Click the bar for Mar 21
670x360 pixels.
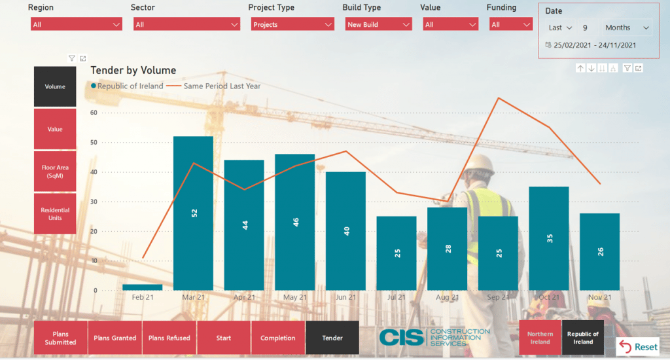[x=193, y=213]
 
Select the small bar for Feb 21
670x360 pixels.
[x=142, y=287]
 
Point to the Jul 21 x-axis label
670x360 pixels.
[x=397, y=297]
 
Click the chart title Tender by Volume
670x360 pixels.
[x=133, y=70]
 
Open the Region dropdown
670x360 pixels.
[x=76, y=24]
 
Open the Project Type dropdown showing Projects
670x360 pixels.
[x=292, y=24]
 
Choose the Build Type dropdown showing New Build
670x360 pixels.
[x=378, y=24]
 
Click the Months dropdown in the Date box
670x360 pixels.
[x=626, y=27]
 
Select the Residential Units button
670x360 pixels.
[x=55, y=213]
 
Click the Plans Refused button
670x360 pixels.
[x=169, y=338]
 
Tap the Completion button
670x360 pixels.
[x=278, y=338]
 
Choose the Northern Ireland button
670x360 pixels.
[x=540, y=338]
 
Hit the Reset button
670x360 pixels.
[x=638, y=347]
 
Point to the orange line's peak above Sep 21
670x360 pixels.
[x=499, y=98]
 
